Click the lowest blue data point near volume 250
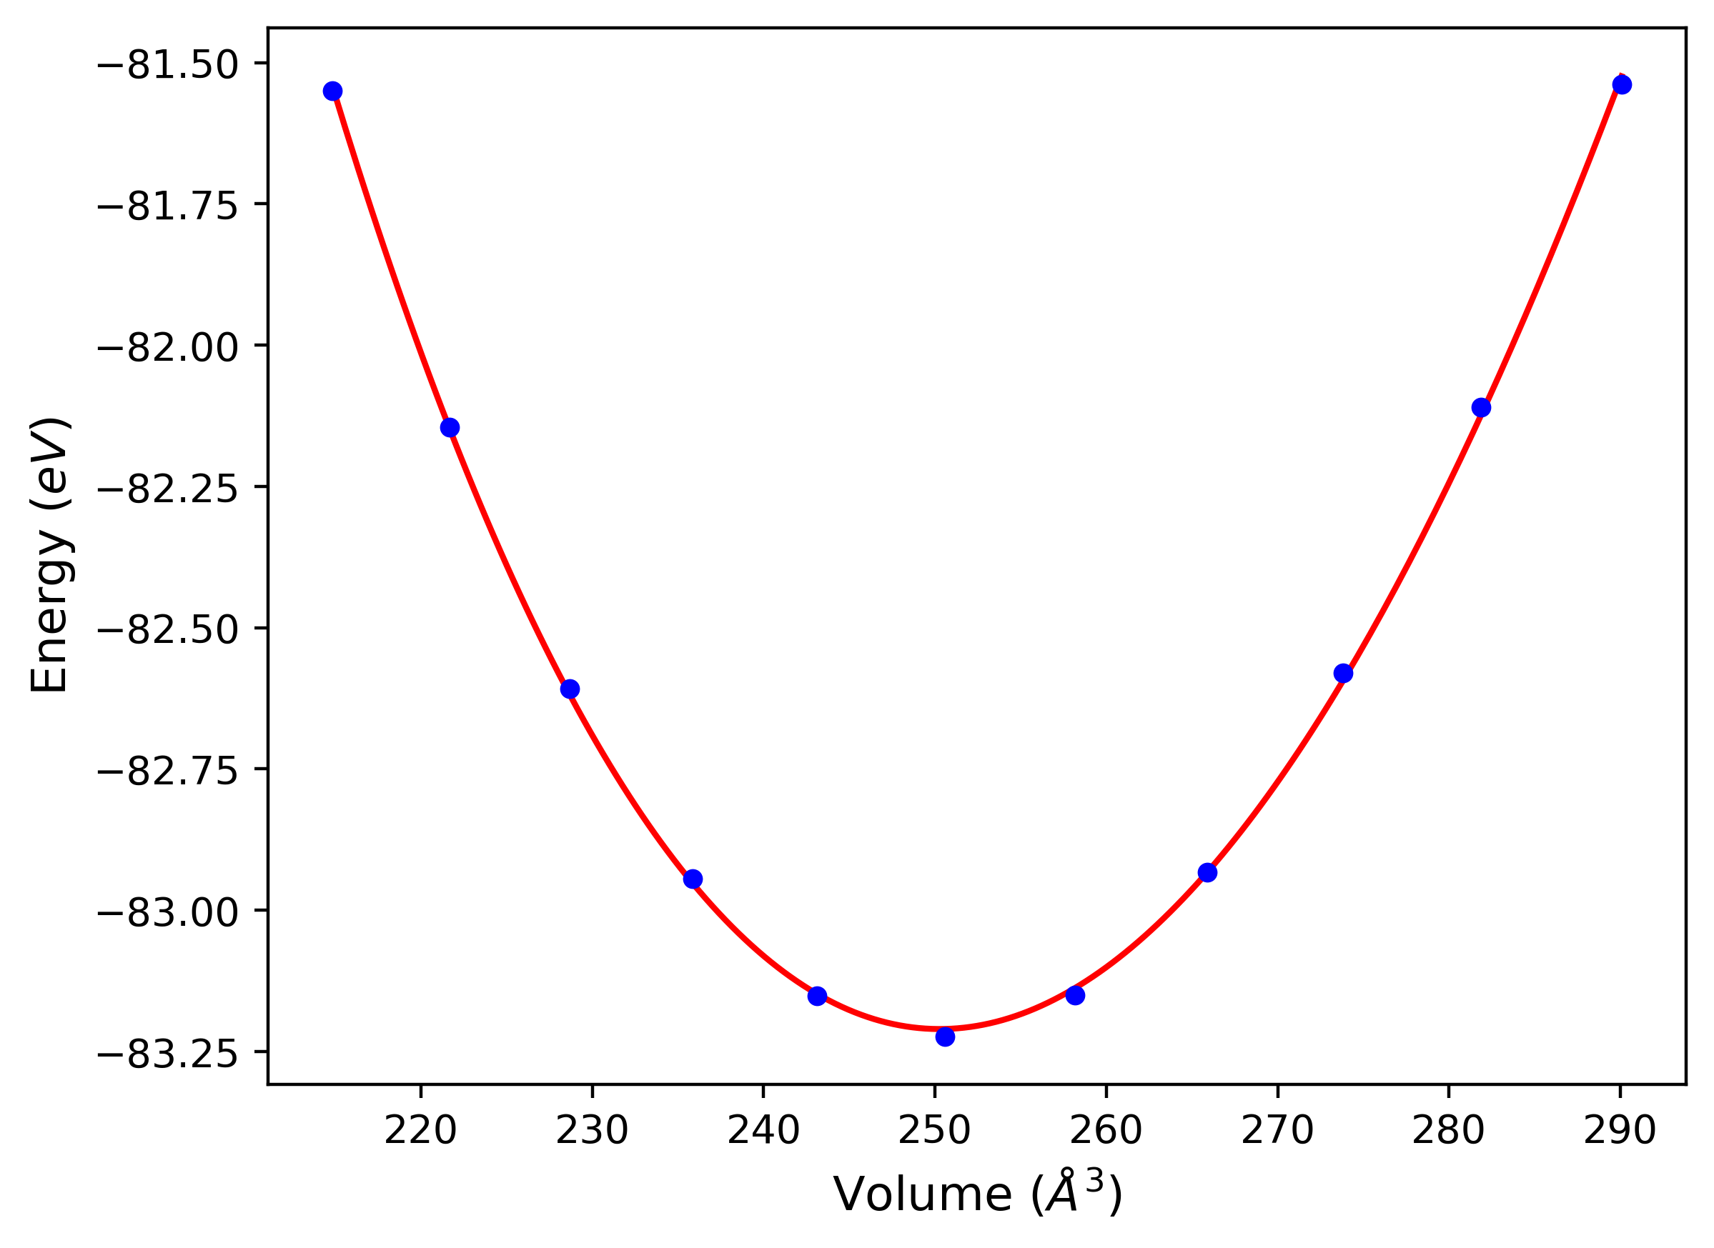pos(945,1037)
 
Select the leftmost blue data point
pos(332,91)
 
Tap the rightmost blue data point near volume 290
pos(1621,84)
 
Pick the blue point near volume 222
pos(450,428)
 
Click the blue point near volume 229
pos(570,689)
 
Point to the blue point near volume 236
pos(693,879)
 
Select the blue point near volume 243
pos(817,996)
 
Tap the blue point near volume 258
pos(1075,995)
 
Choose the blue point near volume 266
pos(1208,872)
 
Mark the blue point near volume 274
pos(1343,673)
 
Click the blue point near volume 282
pos(1481,408)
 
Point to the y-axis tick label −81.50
pos(167,66)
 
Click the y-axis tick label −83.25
pos(167,1054)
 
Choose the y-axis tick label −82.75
pos(167,772)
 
